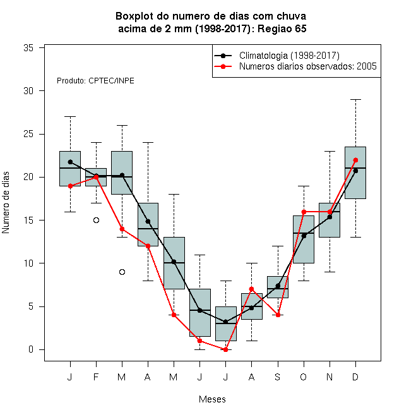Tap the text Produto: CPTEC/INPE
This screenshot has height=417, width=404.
pyautogui.click(x=95, y=81)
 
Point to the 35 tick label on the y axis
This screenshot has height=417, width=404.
pyautogui.click(x=28, y=48)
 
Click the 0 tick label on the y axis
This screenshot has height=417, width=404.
pyautogui.click(x=31, y=349)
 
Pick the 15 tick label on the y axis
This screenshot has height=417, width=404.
pyautogui.click(x=28, y=221)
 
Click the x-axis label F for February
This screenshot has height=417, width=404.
pyautogui.click(x=96, y=377)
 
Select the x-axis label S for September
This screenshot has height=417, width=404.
pyautogui.click(x=278, y=377)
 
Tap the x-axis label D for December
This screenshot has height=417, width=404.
pyautogui.click(x=355, y=377)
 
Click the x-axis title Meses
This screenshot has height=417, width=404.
pyautogui.click(x=212, y=399)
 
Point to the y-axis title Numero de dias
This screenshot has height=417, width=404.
pyautogui.click(x=6, y=203)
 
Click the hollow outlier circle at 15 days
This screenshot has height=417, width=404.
pyautogui.click(x=96, y=221)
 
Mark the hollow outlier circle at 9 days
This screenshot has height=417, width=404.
pyautogui.click(x=122, y=272)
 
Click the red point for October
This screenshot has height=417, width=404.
pyautogui.click(x=304, y=212)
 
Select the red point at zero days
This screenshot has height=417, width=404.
pyautogui.click(x=225, y=349)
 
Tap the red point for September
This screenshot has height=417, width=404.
pyautogui.click(x=278, y=315)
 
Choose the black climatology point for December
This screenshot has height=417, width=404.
pyautogui.click(x=355, y=171)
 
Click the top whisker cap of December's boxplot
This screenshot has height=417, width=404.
pyautogui.click(x=355, y=99)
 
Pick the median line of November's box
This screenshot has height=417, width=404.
pyautogui.click(x=330, y=212)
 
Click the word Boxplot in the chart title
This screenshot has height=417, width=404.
pyautogui.click(x=134, y=16)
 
